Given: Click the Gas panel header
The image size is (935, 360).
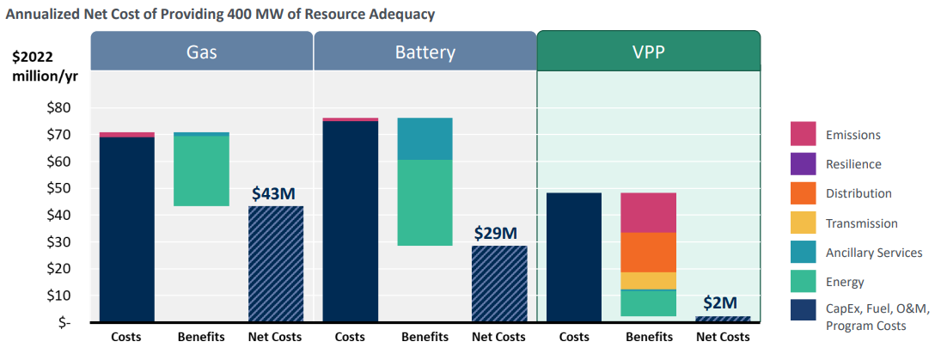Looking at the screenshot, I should [201, 51].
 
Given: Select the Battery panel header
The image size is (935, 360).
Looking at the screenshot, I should [425, 51].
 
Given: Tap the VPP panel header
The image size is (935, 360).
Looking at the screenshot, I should [648, 51].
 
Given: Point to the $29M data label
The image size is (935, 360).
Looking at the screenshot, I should [497, 234].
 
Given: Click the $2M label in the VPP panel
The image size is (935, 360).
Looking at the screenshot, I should [720, 302].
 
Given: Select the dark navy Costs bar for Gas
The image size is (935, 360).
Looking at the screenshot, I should [127, 229].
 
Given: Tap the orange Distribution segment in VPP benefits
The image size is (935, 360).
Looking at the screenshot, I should [648, 252].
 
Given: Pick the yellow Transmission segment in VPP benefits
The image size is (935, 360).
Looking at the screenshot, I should [648, 281].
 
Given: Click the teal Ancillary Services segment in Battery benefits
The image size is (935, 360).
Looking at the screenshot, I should [425, 138].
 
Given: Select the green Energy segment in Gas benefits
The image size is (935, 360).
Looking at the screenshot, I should [201, 170].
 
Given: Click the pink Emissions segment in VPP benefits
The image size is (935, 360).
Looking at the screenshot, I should [648, 212].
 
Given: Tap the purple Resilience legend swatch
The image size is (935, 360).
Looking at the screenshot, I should [803, 164].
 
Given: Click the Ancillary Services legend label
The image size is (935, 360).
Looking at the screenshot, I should [873, 253].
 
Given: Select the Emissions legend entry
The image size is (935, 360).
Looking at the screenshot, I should [852, 135].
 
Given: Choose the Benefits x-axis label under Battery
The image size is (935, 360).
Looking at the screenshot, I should [425, 337].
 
